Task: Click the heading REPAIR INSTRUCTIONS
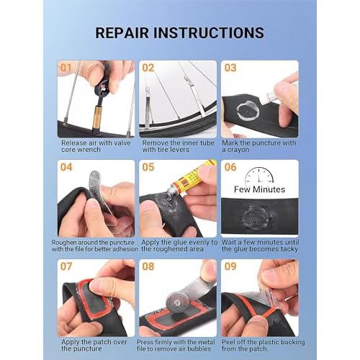[179, 33]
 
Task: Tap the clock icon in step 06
[259, 176]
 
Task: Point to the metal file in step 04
[101, 189]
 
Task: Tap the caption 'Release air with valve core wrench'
[93, 146]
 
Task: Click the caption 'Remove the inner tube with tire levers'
[177, 146]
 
